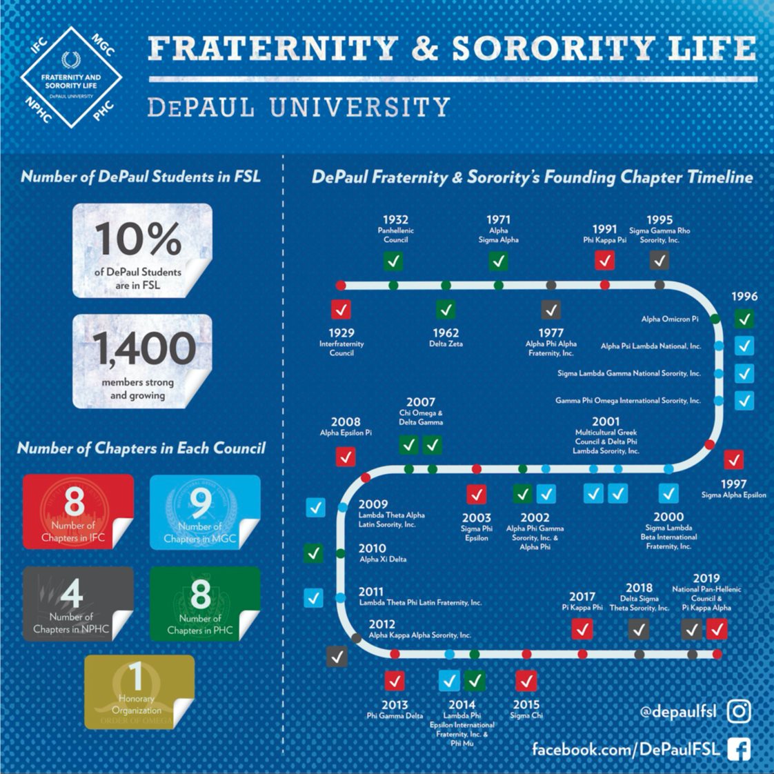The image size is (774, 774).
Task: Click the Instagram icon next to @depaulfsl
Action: (739, 711)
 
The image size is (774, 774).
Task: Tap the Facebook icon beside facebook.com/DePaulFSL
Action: (740, 749)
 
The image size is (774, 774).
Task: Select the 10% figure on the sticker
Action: (138, 239)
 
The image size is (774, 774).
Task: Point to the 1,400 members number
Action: (144, 348)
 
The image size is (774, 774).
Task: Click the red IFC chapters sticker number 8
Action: (74, 502)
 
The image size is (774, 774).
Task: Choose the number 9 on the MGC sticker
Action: (201, 503)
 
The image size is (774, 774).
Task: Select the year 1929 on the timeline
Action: (341, 333)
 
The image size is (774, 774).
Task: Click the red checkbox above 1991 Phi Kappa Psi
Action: (604, 260)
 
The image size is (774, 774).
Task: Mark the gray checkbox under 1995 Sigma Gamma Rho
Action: (659, 260)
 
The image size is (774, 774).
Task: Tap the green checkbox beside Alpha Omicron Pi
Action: (744, 319)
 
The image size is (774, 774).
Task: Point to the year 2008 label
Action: (346, 421)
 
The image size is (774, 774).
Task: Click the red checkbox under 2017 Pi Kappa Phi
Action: (582, 629)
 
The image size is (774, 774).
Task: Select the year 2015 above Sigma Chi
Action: (526, 704)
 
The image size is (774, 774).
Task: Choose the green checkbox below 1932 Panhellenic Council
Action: (394, 261)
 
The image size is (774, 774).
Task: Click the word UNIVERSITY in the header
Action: (359, 108)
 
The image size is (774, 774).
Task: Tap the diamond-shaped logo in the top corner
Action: (71, 77)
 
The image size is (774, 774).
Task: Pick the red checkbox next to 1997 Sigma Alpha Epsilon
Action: (734, 459)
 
